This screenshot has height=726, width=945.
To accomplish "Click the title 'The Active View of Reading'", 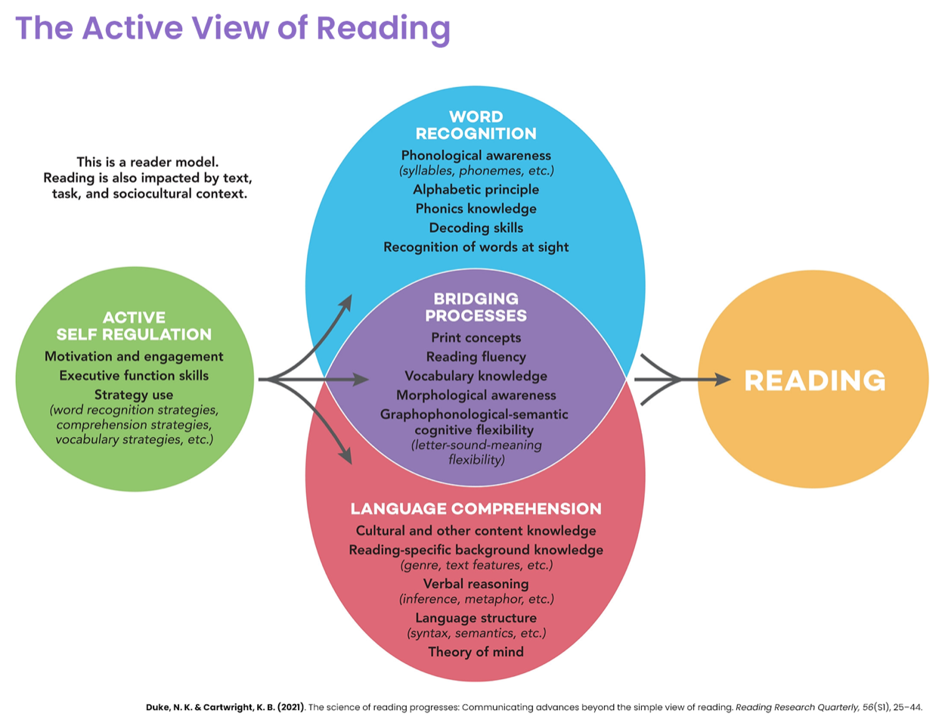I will (x=233, y=28).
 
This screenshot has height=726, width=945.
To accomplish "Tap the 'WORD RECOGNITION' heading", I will (x=476, y=125).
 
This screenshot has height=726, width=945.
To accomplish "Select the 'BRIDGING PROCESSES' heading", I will (x=476, y=307).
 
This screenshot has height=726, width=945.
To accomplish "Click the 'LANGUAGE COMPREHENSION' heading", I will (x=476, y=509).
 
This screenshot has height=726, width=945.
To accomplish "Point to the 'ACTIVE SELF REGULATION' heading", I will (x=134, y=326).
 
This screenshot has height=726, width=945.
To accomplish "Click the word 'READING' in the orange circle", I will (x=814, y=380).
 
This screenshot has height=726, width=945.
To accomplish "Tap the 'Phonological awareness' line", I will (x=476, y=155).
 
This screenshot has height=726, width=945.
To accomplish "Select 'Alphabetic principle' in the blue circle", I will (x=476, y=190).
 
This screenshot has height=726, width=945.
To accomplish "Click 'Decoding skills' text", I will (x=476, y=228).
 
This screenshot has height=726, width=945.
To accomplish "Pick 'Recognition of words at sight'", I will (x=476, y=247).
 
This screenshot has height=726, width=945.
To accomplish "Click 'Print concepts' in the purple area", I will (x=476, y=338).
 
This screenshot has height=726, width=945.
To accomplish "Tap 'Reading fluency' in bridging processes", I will (x=476, y=357).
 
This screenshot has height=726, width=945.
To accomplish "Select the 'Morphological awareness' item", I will (x=476, y=395).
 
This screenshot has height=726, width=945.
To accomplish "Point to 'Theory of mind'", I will (x=476, y=652).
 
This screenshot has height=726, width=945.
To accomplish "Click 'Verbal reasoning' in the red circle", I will (x=476, y=584).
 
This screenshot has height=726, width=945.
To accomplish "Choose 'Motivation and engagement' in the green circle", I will (x=134, y=356).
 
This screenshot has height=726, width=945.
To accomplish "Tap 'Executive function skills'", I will (x=134, y=376).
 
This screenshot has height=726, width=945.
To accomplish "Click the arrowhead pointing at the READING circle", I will (x=721, y=380).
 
